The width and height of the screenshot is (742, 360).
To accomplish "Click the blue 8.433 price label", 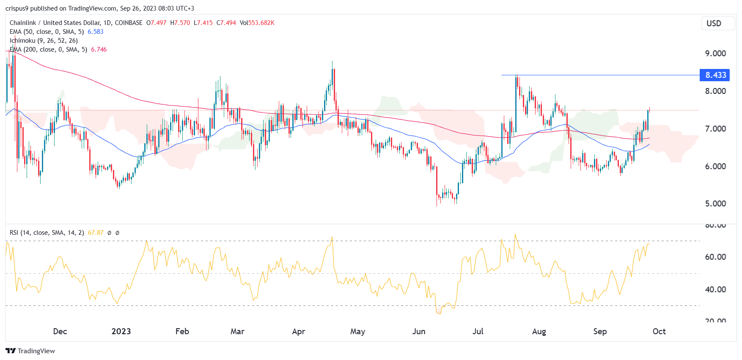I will [x=715, y=75].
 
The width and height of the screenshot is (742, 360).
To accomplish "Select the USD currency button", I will [x=714, y=23].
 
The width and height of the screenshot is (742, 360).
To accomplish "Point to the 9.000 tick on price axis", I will [x=715, y=53].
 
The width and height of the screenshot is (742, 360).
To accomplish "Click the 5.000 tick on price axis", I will [x=715, y=203].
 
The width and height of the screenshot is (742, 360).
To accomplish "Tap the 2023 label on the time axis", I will [x=121, y=331].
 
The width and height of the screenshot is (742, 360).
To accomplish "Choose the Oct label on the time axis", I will [x=659, y=331].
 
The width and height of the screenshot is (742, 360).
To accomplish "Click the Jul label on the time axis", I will [x=478, y=331].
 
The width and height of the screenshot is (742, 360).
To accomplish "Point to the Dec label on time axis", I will [x=60, y=331].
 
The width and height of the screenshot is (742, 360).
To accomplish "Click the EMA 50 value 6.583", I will [x=96, y=32].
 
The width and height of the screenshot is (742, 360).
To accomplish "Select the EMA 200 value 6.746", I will [x=99, y=49].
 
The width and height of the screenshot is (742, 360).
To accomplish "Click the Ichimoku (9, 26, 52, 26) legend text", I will [x=44, y=41].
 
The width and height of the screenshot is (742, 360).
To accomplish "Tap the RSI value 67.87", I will [x=96, y=233].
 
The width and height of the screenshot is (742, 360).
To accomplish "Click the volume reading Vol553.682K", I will [x=257, y=23].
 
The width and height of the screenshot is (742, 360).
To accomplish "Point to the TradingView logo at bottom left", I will [x=30, y=351].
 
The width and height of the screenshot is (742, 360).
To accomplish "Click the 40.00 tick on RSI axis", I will [x=715, y=289].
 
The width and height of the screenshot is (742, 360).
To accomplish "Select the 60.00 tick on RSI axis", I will [x=715, y=257].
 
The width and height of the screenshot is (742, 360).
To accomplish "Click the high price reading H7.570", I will [x=180, y=23].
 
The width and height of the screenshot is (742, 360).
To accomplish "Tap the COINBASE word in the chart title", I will [x=129, y=23].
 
